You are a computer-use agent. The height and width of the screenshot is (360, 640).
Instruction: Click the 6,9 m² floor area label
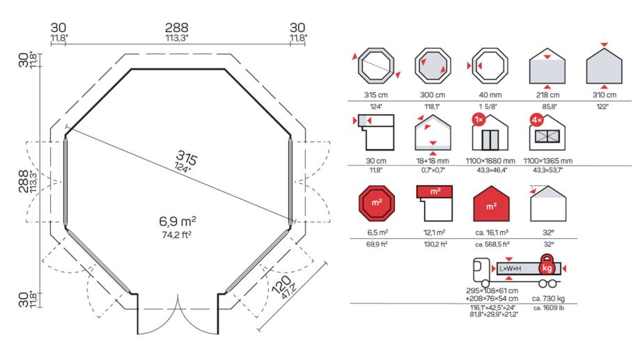(178, 222)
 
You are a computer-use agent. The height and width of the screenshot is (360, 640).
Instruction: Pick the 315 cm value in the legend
(375, 95)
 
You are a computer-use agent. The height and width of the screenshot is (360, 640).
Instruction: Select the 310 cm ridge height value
(603, 95)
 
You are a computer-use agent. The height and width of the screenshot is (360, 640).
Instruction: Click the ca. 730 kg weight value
(547, 298)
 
